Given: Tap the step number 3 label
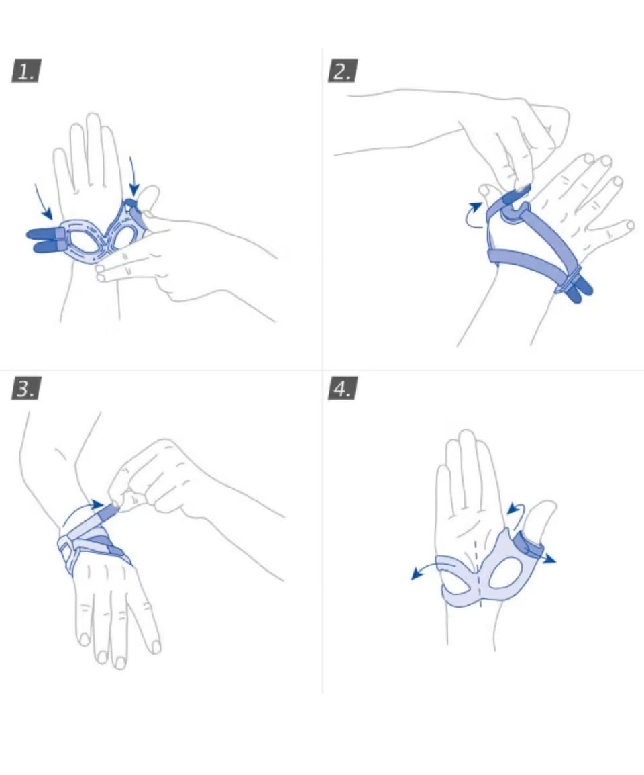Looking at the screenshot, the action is click(x=26, y=388).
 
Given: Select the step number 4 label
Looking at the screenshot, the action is click(x=343, y=388).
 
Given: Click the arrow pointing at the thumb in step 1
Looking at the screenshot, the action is click(x=133, y=175).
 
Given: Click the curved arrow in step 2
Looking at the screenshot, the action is click(x=473, y=216).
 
